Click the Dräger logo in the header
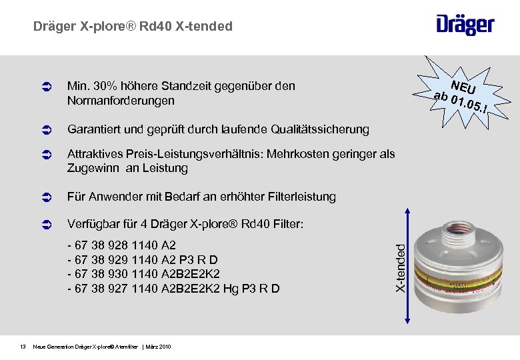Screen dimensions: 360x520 point(465,25)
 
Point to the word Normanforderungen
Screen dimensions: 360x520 point(121,101)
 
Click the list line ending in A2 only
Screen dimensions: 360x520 point(122,245)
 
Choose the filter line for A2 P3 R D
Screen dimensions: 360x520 point(143,259)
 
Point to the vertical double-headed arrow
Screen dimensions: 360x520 point(409,267)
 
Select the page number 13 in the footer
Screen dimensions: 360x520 point(22,346)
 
